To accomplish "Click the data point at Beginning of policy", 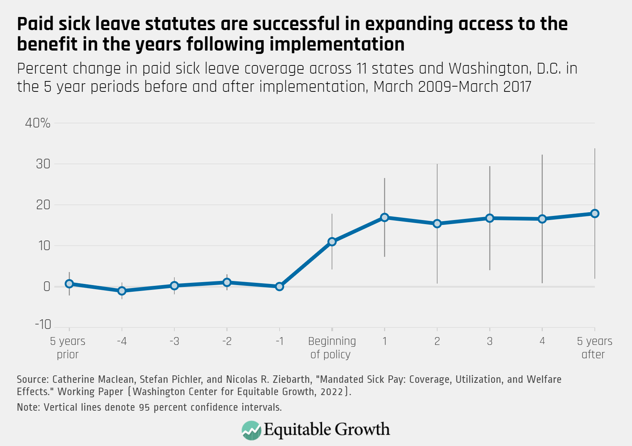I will coord(332,242).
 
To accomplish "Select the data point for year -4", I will coord(122,291).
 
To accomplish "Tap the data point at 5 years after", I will coord(594,213).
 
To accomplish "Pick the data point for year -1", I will coord(280,287).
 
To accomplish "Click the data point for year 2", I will coord(437,223).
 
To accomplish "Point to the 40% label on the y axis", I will coord(38,123).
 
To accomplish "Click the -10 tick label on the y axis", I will coord(43,324).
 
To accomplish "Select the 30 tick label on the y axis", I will coord(43,164).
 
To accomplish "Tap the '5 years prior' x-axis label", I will coord(68,348).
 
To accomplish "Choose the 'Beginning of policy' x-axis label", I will coord(332,348).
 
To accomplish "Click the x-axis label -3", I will coord(174,341).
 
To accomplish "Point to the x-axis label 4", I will coord(542,341).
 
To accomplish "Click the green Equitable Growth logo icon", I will coord(251,430).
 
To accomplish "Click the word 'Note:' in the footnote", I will coord(28,407).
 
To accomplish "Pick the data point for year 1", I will coord(385,217).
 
